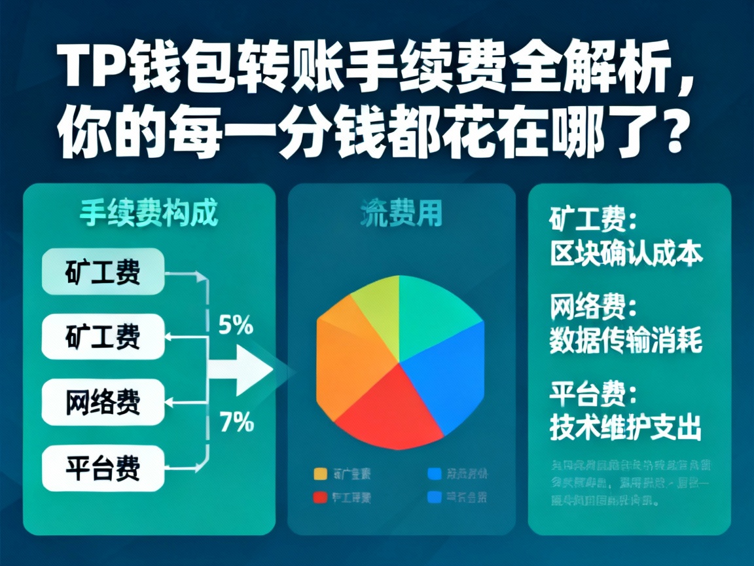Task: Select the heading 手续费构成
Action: (x=149, y=214)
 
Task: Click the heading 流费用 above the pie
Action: (x=401, y=214)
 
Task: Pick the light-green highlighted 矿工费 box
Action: (x=103, y=271)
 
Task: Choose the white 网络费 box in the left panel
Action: (x=103, y=402)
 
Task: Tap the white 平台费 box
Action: (x=103, y=468)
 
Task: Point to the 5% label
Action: (x=236, y=325)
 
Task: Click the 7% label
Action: (x=236, y=423)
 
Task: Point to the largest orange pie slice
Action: (x=350, y=360)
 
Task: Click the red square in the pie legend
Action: (x=320, y=497)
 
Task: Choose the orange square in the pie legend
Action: (x=320, y=473)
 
